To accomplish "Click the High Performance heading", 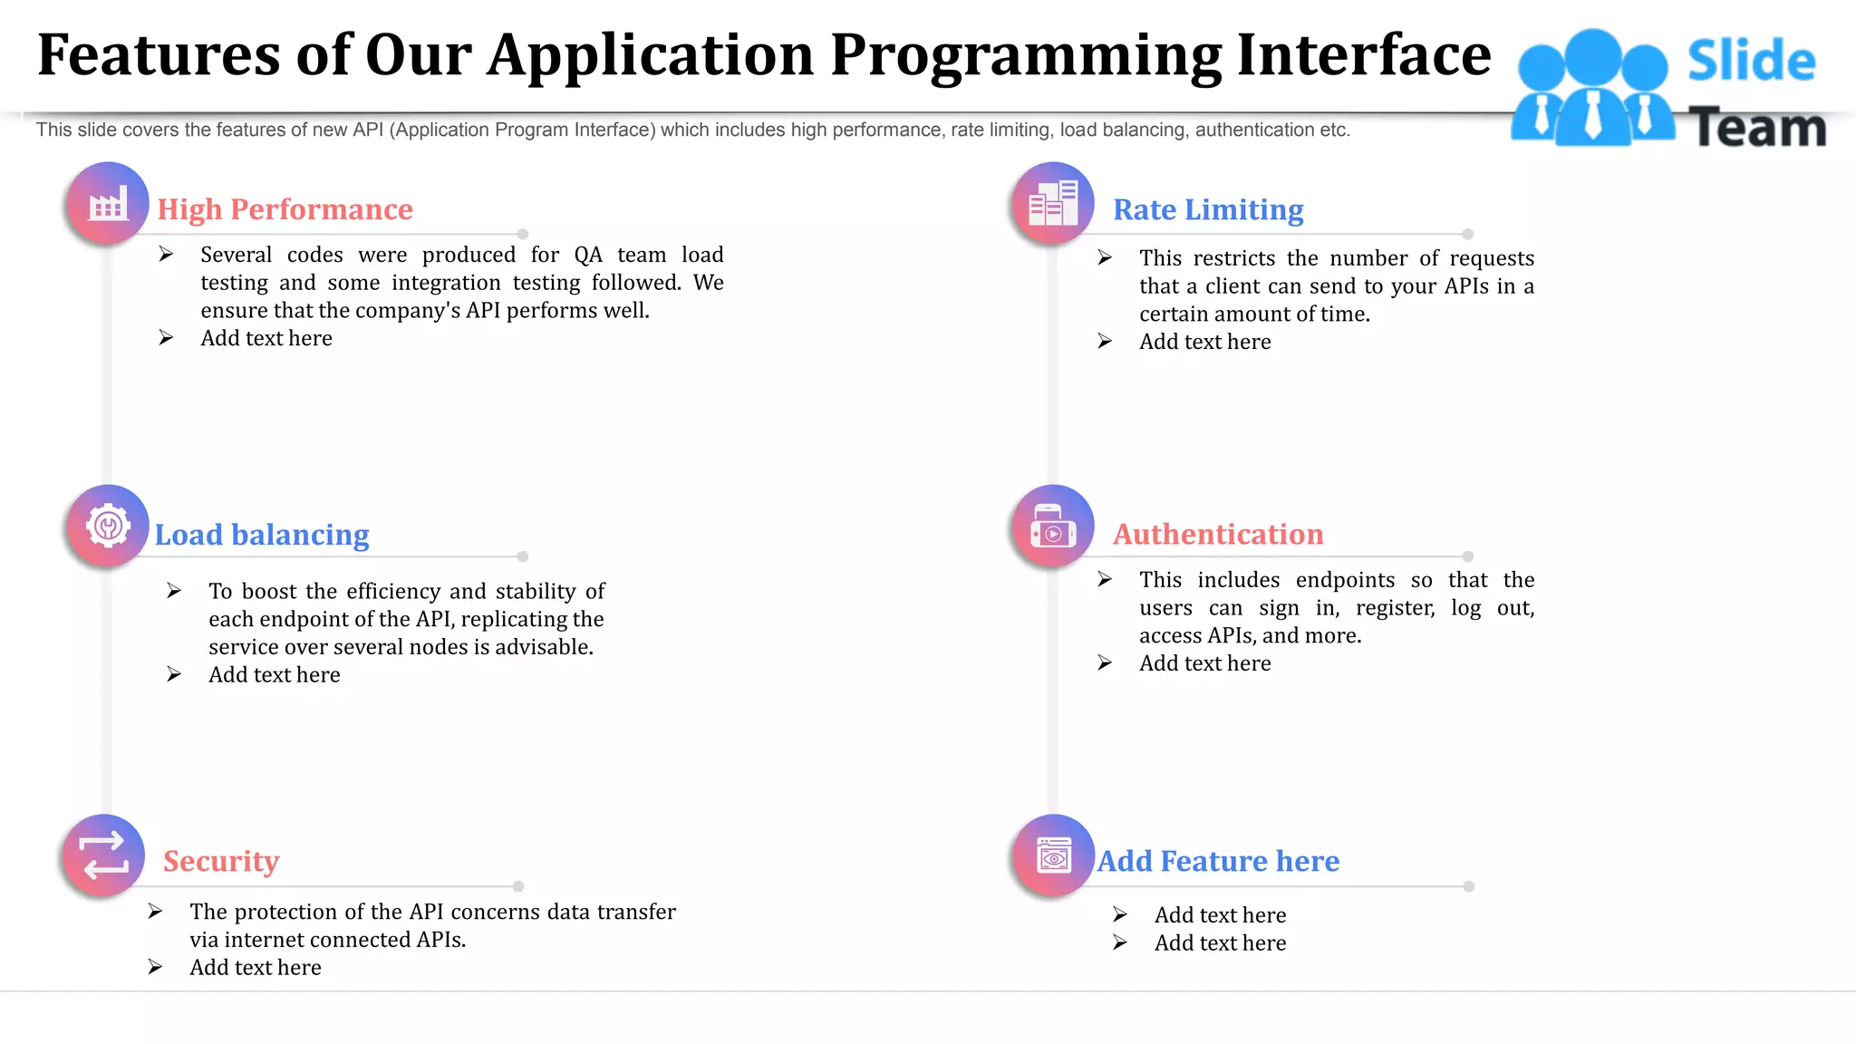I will coord(285,209).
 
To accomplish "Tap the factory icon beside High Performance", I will coord(108,204).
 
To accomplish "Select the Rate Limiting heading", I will coord(1207,209).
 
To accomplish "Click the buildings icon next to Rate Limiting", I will coord(1052,203).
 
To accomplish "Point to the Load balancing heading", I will coord(262,535).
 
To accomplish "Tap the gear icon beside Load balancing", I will coord(108,526).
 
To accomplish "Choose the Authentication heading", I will coord(1217,534).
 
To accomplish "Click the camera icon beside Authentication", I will coord(1052,527).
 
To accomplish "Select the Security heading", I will coord(221,860).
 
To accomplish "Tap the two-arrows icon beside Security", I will coord(104,855).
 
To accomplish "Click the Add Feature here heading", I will coord(1218,860).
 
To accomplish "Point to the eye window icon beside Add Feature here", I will coord(1053,855).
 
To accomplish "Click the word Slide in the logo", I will coord(1751,61).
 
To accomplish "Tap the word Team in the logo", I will coord(1757,128).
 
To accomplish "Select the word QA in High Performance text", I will coord(588,255).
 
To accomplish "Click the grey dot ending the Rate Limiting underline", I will coord(1467,234).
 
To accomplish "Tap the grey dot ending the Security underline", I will coord(518,886).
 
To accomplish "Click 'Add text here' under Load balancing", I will coord(274,675).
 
